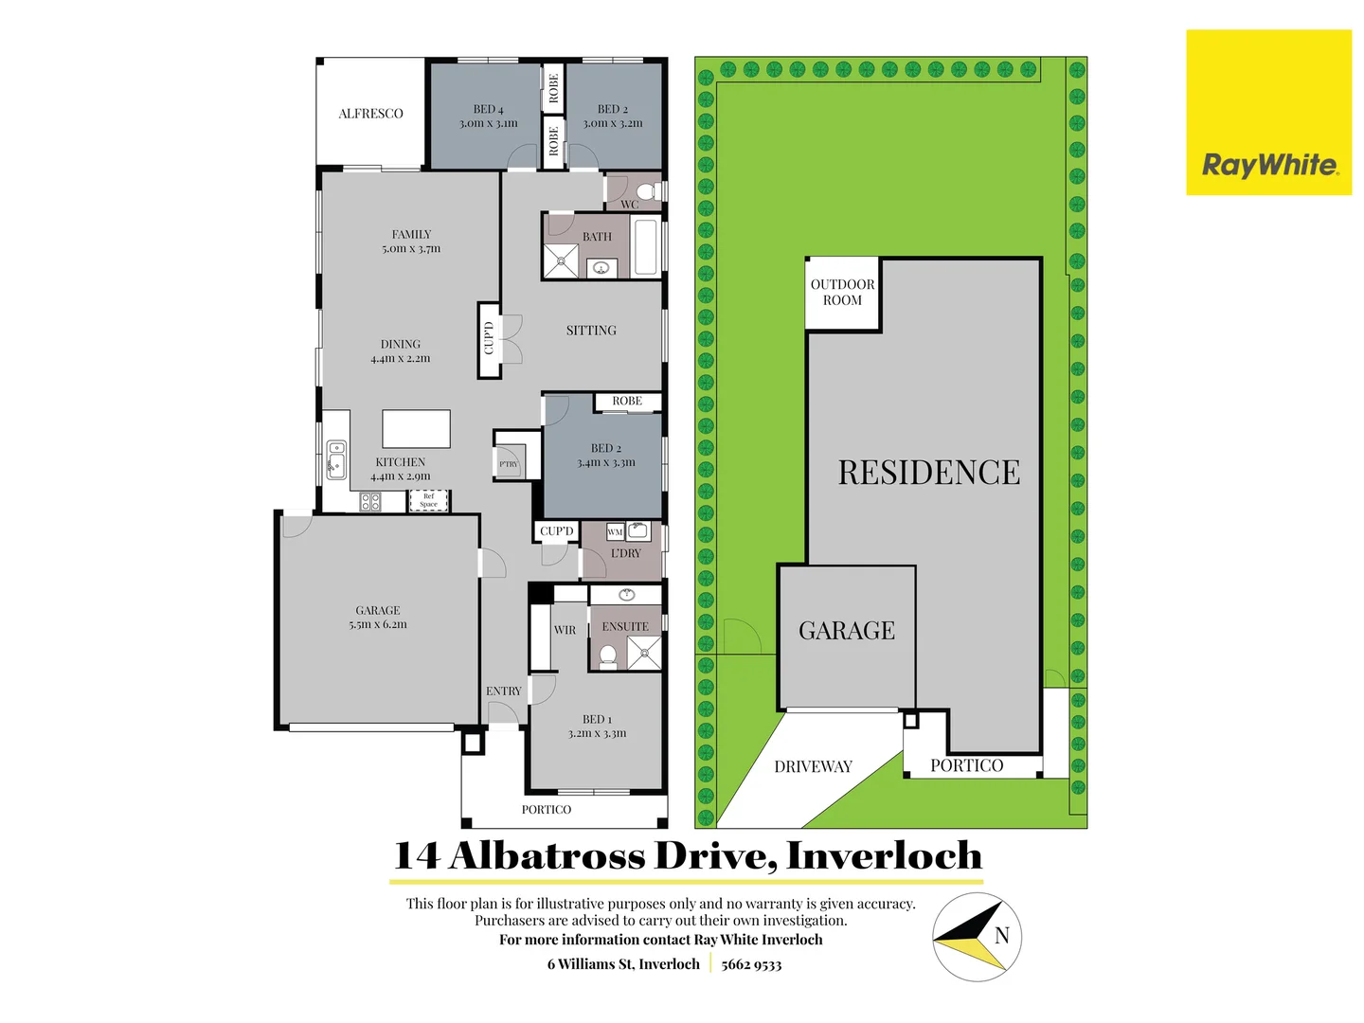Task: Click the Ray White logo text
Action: tap(1269, 165)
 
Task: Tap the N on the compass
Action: tap(1001, 936)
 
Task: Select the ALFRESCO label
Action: tap(370, 114)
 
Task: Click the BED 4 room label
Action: tap(488, 109)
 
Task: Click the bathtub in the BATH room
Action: tap(646, 246)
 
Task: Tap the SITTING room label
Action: tap(591, 331)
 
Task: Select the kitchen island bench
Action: tap(416, 428)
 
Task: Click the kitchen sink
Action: tap(336, 458)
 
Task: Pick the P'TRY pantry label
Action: tap(509, 464)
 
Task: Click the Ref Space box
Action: tap(428, 500)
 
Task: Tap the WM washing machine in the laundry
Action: tap(615, 532)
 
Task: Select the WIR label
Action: tap(565, 630)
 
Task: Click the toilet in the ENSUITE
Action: tap(608, 655)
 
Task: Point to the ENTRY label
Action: tap(503, 691)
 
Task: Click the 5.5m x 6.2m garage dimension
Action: tap(377, 624)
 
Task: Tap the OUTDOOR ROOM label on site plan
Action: tap(842, 292)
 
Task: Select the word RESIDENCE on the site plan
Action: tap(928, 473)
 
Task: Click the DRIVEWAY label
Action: tap(813, 766)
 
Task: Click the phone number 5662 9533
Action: tap(751, 964)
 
